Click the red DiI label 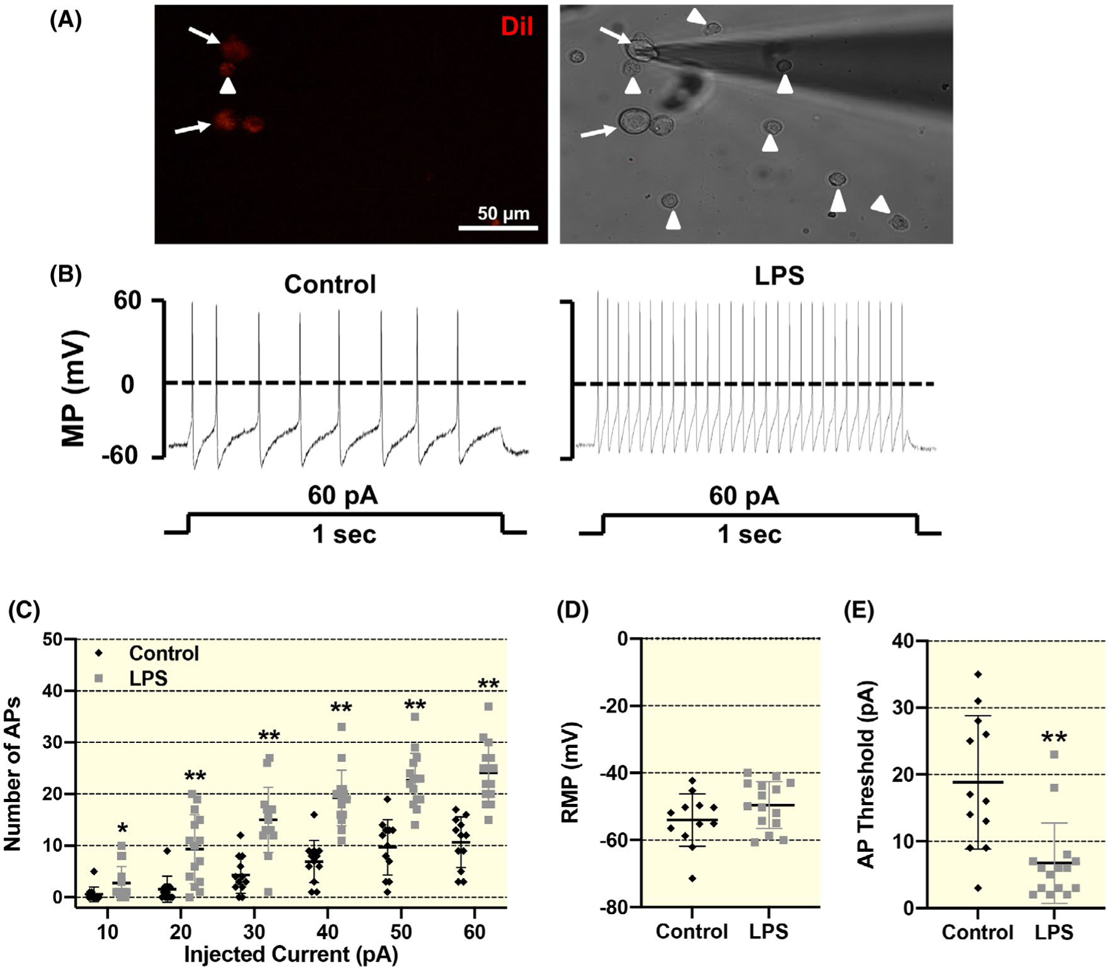(516, 26)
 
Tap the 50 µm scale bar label (503, 214)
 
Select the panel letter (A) (66, 20)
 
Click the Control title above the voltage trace (330, 284)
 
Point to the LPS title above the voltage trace (779, 275)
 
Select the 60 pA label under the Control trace (343, 496)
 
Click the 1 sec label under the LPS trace (749, 534)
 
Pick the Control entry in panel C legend (164, 653)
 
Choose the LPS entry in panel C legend (148, 678)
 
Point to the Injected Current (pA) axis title (291, 954)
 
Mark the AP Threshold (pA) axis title (867, 774)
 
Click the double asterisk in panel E (1054, 738)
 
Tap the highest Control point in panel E (978, 675)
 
